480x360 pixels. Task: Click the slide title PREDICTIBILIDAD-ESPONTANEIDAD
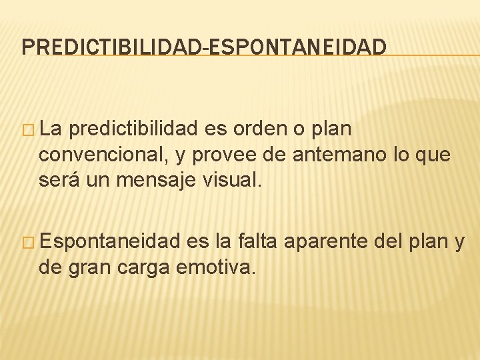tap(204, 47)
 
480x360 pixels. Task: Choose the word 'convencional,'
tap(103, 155)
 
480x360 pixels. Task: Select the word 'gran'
tap(87, 268)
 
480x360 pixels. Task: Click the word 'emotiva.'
tap(215, 268)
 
